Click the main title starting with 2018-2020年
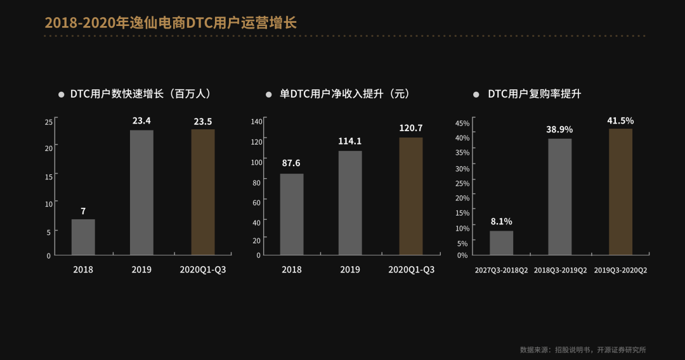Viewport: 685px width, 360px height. coord(171,23)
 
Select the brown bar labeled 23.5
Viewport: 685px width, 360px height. coord(203,192)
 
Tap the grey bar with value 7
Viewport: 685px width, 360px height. coord(83,237)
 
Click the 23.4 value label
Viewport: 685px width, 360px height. coord(141,120)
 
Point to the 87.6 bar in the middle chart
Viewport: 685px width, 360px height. coord(291,214)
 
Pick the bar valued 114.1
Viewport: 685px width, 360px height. coord(350,203)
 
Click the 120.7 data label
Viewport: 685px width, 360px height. coord(410,128)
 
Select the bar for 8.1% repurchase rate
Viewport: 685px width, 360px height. coord(501,243)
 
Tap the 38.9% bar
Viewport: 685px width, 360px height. coord(559,197)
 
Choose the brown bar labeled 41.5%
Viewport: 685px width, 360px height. coord(620,191)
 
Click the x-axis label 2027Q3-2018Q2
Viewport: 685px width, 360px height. coord(501,270)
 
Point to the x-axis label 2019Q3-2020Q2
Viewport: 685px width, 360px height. coord(620,270)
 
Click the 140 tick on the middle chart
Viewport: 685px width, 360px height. coord(256,121)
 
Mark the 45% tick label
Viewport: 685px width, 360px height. coord(462,123)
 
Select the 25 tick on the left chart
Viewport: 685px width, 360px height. coord(48,122)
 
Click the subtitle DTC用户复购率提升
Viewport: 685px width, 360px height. coord(534,94)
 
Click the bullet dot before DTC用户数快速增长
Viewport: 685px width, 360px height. coord(61,94)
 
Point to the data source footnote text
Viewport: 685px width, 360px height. coord(583,349)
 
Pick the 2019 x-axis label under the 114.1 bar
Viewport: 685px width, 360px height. coord(350,269)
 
